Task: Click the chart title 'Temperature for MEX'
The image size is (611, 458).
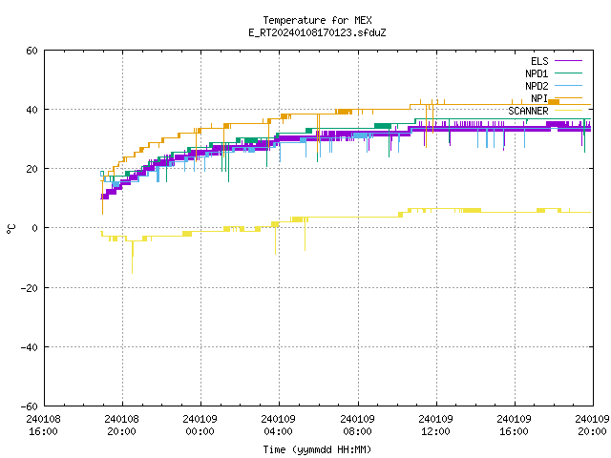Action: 317,20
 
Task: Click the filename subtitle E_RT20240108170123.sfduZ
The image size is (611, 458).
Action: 317,32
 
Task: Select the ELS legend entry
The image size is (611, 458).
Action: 556,61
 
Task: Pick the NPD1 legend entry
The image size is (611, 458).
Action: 554,73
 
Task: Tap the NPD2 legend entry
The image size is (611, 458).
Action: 554,86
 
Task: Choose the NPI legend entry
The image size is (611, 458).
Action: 556,98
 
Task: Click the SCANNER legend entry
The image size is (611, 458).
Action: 545,111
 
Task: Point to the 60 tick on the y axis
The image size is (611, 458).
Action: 32,51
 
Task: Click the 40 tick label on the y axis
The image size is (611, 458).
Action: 32,110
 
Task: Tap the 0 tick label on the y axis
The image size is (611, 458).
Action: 35,228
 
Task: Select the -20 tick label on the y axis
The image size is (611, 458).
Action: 30,288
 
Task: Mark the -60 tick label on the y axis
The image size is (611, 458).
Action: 30,406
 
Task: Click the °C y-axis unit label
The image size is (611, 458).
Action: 11,229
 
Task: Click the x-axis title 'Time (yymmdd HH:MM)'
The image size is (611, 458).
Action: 317,449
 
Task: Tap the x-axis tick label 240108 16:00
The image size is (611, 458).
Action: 44,425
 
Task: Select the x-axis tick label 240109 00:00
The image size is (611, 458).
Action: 200,425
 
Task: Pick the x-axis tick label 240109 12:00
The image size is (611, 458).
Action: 435,425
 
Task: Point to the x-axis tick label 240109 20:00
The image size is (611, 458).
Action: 592,425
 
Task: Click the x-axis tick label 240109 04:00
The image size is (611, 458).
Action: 279,425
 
